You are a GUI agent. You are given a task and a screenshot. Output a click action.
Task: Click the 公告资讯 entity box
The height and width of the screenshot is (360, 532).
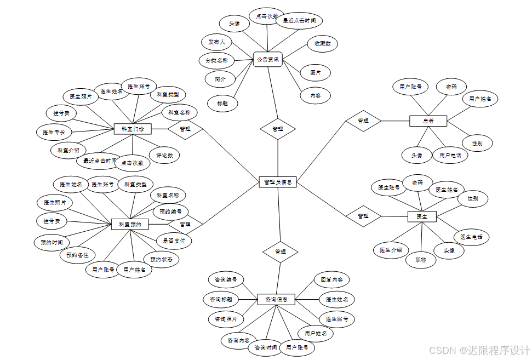(x=268, y=59)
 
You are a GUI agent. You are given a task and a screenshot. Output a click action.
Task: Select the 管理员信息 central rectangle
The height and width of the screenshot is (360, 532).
(x=278, y=182)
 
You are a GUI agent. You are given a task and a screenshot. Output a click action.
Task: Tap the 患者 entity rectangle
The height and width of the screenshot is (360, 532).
(x=428, y=121)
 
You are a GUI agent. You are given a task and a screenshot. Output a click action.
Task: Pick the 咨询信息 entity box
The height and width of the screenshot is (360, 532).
(x=276, y=299)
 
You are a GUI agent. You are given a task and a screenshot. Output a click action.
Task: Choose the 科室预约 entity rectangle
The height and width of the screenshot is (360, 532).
(x=130, y=224)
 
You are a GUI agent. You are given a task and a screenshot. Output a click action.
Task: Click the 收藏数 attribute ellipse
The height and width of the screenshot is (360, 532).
(x=322, y=43)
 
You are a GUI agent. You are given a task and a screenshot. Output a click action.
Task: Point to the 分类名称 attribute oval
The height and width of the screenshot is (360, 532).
(x=216, y=60)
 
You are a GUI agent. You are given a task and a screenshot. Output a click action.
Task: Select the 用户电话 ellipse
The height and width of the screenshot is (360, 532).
(x=450, y=155)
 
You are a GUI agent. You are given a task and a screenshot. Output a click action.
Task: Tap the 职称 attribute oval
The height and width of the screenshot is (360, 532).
(x=421, y=260)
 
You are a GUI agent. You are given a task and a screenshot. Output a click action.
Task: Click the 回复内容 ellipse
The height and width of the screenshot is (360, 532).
(x=331, y=279)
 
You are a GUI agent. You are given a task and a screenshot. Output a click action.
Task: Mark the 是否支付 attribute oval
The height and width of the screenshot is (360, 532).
(x=174, y=241)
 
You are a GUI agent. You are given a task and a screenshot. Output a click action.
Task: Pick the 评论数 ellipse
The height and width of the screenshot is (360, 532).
(x=164, y=155)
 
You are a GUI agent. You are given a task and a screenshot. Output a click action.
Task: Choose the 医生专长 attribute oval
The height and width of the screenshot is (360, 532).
(x=54, y=132)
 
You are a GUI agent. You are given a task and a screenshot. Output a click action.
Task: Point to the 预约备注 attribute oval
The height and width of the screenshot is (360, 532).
(x=78, y=255)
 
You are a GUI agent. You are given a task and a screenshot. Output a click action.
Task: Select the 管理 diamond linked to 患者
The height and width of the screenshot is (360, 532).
(x=363, y=121)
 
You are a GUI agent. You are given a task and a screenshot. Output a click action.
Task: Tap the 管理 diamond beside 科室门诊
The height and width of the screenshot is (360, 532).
(x=185, y=129)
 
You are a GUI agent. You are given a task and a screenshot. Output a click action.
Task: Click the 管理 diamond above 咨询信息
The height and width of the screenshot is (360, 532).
(x=280, y=252)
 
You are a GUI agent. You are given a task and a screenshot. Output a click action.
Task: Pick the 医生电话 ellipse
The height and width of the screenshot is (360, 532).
(x=471, y=237)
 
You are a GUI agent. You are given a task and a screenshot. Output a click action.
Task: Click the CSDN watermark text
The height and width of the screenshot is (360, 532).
(x=479, y=350)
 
